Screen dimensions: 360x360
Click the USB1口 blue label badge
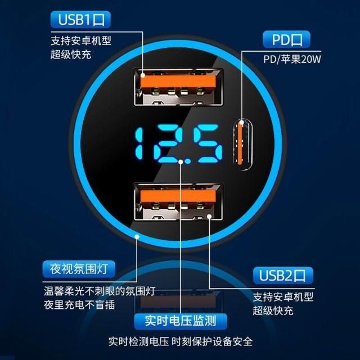80,20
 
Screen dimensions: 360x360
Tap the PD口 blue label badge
286,39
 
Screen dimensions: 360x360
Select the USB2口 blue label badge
283,276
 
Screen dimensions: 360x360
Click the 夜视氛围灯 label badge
79,269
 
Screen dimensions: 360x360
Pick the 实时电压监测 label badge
181,321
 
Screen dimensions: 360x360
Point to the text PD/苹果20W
292,59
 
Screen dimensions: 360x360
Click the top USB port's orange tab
178,82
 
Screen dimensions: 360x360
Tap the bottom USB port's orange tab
178,196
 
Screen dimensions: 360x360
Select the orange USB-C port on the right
241,142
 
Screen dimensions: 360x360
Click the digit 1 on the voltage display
139,144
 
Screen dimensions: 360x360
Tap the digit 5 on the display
208,144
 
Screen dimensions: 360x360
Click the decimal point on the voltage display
187,161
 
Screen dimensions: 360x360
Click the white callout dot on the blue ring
137,236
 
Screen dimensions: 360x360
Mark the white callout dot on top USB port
143,75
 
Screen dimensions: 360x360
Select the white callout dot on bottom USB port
209,216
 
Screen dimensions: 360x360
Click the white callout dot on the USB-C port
241,122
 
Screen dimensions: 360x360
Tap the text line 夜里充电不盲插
79,305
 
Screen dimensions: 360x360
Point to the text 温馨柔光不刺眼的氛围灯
100,291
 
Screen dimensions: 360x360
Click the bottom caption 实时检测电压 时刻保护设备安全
181,341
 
